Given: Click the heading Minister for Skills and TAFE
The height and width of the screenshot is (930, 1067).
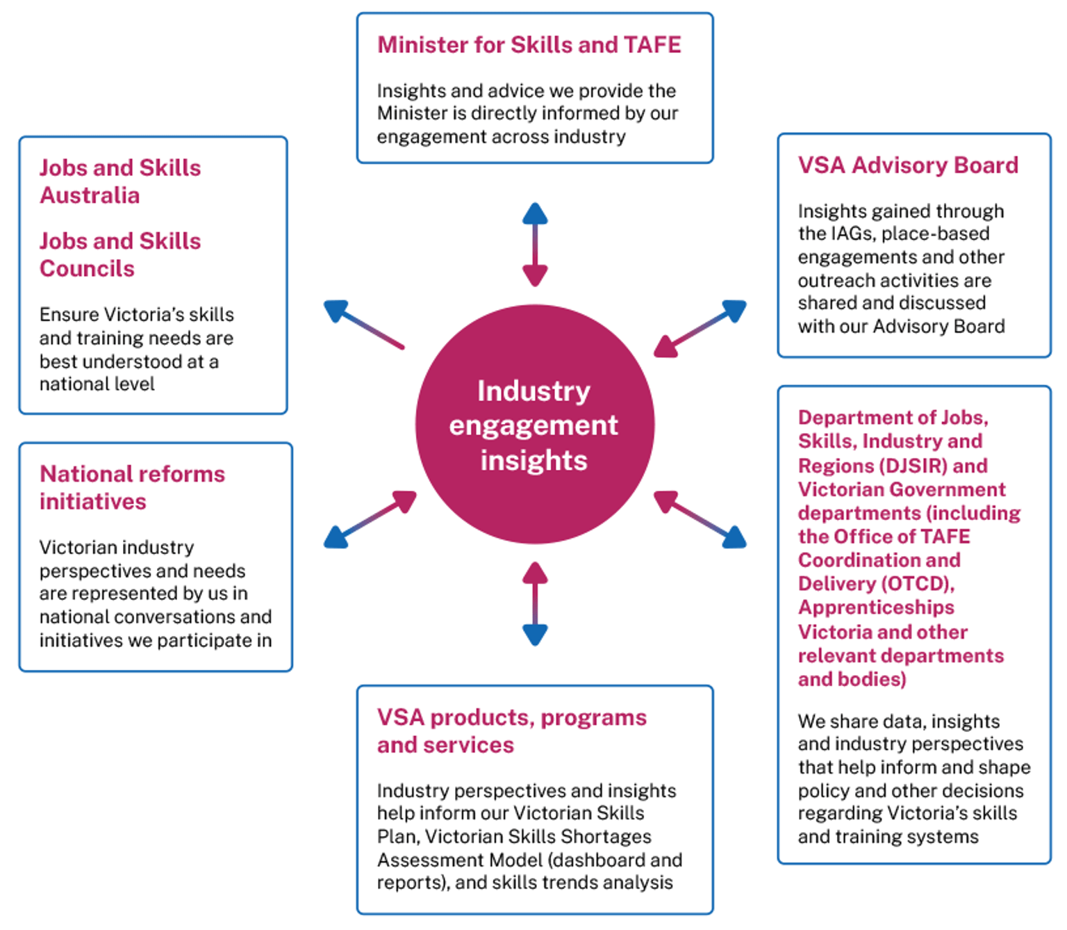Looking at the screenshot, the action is (529, 45).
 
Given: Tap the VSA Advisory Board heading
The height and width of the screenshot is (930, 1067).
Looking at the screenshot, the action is (907, 165).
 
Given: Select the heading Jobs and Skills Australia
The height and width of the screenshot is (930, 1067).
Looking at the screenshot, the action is (119, 181).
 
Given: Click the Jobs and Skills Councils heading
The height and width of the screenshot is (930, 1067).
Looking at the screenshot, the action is (119, 254).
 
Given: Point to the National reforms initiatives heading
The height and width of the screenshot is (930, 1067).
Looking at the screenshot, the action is (132, 487).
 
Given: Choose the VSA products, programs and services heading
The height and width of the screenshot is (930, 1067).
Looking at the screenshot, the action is (511, 731).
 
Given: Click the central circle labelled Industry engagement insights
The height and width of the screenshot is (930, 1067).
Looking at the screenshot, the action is (534, 425).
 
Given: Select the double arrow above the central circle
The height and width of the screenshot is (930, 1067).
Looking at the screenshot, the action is (535, 245).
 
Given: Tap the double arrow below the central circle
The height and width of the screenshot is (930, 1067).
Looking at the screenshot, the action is (535, 603).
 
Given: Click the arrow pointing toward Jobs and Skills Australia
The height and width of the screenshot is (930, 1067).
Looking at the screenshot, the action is (363, 324).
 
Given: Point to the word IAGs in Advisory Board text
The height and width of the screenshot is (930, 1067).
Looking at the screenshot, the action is (852, 234).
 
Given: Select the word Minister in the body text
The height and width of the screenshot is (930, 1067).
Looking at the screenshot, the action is (412, 113).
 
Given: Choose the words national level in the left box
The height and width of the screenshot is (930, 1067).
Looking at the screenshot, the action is (97, 384).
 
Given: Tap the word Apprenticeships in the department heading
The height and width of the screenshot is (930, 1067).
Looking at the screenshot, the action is (876, 607).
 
